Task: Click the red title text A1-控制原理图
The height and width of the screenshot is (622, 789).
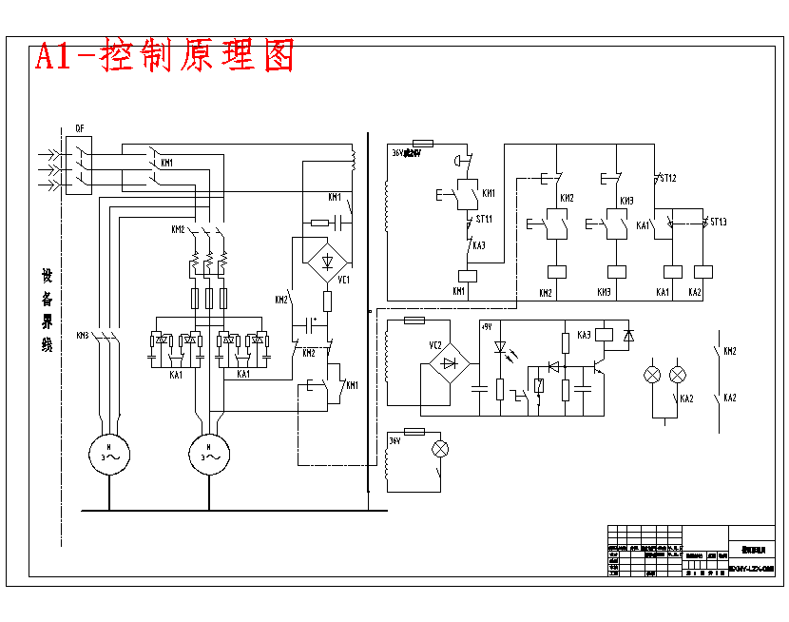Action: click(x=164, y=56)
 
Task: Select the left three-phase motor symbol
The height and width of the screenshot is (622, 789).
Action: click(x=109, y=453)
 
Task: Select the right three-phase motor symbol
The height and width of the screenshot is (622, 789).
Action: click(x=206, y=453)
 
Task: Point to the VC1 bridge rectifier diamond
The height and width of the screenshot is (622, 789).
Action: click(x=328, y=260)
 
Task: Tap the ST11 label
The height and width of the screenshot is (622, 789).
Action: click(x=484, y=220)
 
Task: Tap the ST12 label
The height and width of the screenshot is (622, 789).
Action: click(x=668, y=178)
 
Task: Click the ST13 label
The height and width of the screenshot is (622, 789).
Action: click(x=718, y=223)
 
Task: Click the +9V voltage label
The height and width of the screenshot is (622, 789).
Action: click(x=487, y=326)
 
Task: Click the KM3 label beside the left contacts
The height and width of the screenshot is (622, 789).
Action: click(x=83, y=335)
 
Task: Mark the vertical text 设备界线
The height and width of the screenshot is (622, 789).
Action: click(x=46, y=310)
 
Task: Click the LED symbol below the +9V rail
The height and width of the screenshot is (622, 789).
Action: click(x=499, y=348)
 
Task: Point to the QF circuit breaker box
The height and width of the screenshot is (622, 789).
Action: click(x=80, y=165)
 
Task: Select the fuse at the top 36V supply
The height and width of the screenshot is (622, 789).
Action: click(x=419, y=145)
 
